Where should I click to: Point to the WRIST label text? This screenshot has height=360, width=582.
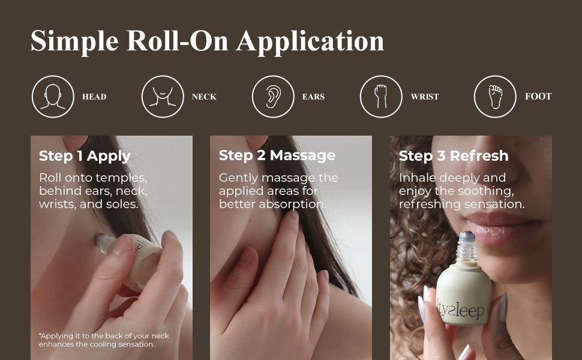tap(425, 97)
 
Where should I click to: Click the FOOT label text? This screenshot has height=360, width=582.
tap(538, 97)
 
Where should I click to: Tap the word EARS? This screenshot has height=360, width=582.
tap(313, 97)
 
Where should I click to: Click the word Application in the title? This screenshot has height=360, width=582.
tap(310, 41)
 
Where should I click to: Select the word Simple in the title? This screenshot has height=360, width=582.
tap(74, 41)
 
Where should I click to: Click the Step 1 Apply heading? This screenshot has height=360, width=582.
tap(85, 156)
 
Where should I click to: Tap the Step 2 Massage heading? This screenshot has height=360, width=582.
tap(277, 155)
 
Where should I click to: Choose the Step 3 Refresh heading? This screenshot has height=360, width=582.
tap(454, 156)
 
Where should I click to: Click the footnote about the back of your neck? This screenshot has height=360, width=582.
tap(104, 340)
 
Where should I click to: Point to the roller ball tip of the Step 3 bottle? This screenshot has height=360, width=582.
tap(467, 235)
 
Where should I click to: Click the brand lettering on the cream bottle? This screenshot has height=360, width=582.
tap(460, 309)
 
